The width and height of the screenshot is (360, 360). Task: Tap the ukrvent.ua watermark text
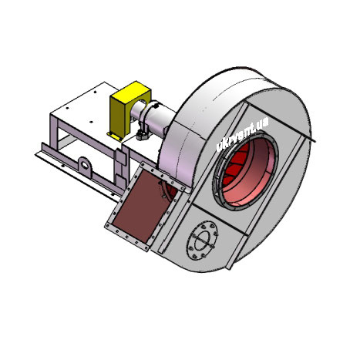pos(242,135)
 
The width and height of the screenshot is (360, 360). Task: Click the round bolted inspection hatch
pos(202,240)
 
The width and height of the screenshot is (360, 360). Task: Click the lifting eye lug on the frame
pos(86,167)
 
